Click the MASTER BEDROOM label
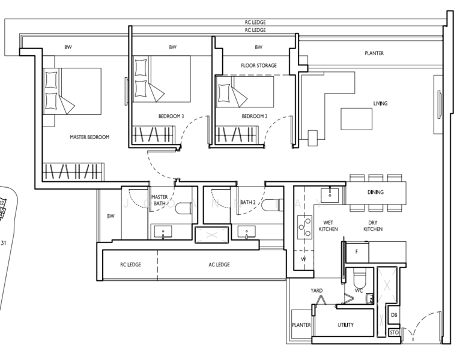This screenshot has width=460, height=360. [x=89, y=137]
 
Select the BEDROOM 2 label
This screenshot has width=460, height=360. [x=254, y=116]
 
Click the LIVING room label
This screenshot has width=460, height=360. [x=380, y=103]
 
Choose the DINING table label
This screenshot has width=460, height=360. [x=375, y=192]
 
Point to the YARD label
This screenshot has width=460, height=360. [x=316, y=290]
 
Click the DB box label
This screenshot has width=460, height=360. [x=394, y=315]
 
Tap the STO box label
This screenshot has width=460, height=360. [x=394, y=332]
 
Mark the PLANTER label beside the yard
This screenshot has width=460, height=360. [x=301, y=325]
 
